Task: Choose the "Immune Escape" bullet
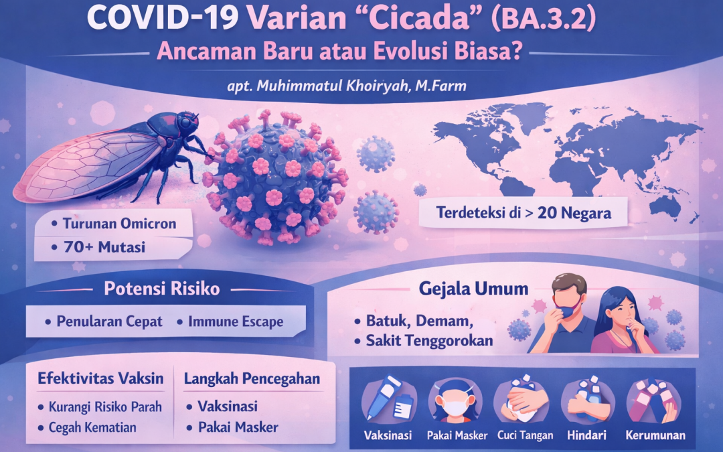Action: point(235,321)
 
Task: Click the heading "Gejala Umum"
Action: point(474,289)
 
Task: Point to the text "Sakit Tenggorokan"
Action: point(429,340)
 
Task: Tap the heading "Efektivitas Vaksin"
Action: point(101,378)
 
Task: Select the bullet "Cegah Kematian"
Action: point(92,427)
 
